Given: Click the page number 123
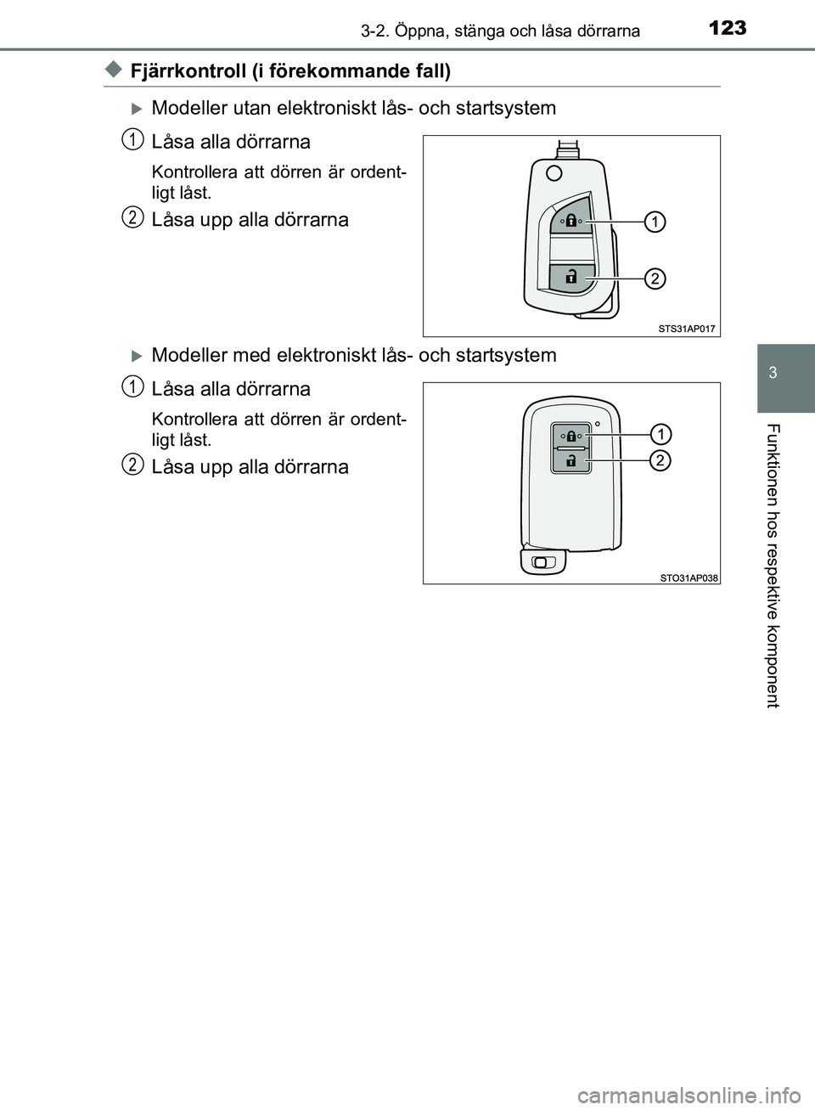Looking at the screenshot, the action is tap(728, 28).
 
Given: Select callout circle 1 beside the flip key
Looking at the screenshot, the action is tap(655, 222).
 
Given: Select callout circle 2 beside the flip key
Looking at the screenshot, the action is tap(655, 279).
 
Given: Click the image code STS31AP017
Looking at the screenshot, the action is tap(687, 328).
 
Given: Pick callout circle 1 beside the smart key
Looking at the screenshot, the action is tap(660, 435).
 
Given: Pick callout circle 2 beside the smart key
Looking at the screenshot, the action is tap(660, 461).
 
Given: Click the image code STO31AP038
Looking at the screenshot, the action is tap(689, 578).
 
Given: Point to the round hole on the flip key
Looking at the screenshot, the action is tap(554, 173).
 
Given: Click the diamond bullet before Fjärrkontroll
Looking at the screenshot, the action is tap(114, 70).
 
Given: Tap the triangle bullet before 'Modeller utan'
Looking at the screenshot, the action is tap(137, 109).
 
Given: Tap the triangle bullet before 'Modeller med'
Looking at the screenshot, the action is tap(137, 356).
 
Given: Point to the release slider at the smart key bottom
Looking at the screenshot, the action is tap(542, 562).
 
